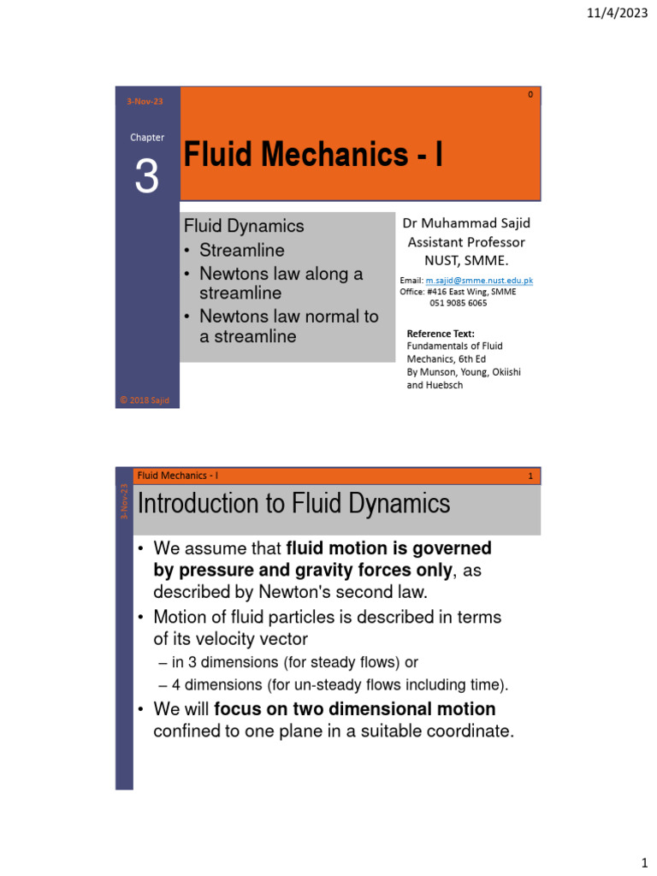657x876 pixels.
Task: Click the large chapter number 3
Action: (x=147, y=177)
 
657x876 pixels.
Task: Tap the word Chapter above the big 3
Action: (x=147, y=137)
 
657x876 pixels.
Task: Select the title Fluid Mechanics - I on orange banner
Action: (x=314, y=155)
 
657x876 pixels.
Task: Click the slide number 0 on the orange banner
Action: (x=530, y=95)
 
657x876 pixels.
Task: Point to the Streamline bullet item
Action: (x=242, y=251)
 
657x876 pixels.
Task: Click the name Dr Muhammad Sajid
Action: (x=466, y=223)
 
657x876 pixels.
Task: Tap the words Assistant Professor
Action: (x=466, y=242)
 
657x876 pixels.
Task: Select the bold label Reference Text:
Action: (x=440, y=334)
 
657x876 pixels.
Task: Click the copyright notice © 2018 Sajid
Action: (x=148, y=400)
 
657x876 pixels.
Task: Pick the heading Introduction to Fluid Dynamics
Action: (x=294, y=504)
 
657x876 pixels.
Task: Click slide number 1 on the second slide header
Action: (x=530, y=476)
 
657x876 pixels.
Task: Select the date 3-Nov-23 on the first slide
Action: (x=145, y=101)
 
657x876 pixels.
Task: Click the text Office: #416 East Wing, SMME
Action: (x=458, y=291)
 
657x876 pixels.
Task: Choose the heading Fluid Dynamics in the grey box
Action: (x=245, y=226)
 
